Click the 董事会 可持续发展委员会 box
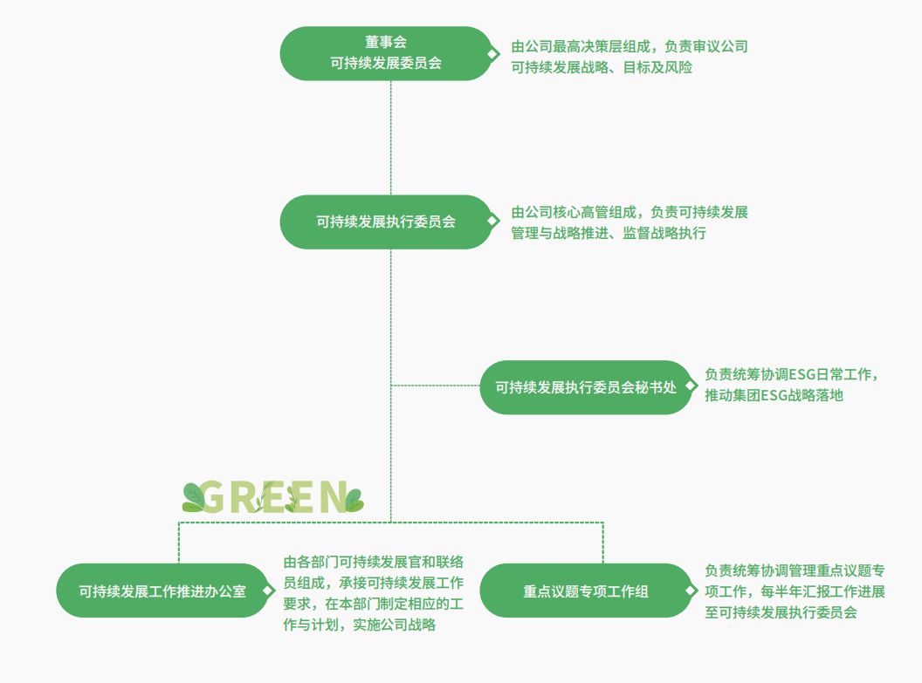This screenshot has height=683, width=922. (386, 53)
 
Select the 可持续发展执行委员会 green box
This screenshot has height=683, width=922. (386, 222)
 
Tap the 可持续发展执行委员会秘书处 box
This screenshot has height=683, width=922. (586, 387)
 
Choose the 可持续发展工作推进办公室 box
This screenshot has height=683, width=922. (162, 591)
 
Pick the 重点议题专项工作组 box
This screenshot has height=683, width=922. (586, 591)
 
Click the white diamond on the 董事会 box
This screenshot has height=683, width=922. (492, 54)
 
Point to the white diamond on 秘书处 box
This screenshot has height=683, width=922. (692, 387)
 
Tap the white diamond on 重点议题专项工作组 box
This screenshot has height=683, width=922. (692, 591)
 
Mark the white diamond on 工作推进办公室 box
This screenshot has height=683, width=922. (268, 591)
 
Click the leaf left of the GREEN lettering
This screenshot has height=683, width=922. (193, 498)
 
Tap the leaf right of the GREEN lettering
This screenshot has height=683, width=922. (353, 500)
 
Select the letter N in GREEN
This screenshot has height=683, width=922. (333, 496)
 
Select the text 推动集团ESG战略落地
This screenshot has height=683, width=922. (774, 396)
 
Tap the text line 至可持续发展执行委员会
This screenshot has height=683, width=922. (781, 612)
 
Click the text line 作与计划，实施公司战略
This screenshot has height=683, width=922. (360, 625)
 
